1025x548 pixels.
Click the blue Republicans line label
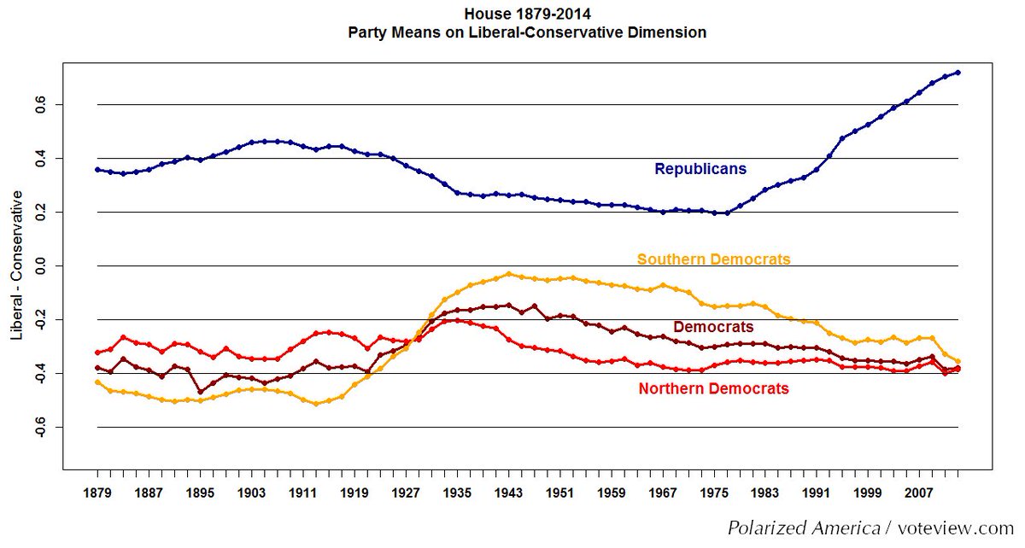point(700,169)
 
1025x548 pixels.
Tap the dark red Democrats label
point(713,327)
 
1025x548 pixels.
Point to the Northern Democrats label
point(713,389)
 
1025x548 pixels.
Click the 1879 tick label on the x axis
point(97,493)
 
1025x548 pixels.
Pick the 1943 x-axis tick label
point(509,493)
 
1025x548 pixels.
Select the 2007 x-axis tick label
point(920,493)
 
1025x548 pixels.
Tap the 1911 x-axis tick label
point(303,493)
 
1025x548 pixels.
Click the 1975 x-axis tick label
point(714,493)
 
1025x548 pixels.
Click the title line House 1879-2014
point(527,14)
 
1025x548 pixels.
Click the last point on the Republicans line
point(958,73)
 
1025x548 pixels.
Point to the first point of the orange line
point(97,382)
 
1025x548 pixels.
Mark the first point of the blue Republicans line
point(97,169)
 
